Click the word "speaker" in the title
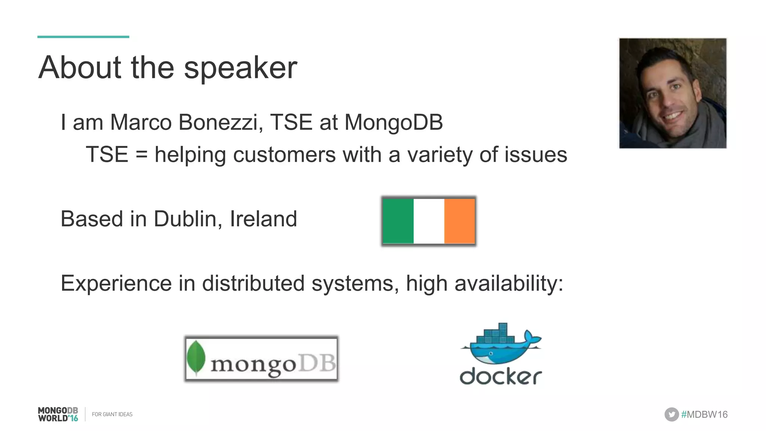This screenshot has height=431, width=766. click(x=240, y=68)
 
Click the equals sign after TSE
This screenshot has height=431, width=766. click(x=141, y=155)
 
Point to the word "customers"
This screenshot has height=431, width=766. click(x=284, y=155)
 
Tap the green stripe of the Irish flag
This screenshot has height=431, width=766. click(x=398, y=221)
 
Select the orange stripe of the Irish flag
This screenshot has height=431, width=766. click(x=459, y=221)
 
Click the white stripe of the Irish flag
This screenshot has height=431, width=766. click(x=429, y=221)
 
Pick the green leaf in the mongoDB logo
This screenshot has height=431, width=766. click(x=196, y=357)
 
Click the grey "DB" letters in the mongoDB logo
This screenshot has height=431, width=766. click(x=318, y=363)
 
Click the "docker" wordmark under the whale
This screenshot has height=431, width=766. click(x=501, y=376)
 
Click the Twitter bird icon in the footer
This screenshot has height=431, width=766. click(x=671, y=414)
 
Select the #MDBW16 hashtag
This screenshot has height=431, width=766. click(x=704, y=415)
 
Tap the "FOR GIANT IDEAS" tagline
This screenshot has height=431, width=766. click(x=112, y=414)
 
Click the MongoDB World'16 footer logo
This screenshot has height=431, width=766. click(x=58, y=414)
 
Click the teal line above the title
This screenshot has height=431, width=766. click(x=83, y=37)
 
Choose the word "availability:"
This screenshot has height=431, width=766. click(x=509, y=283)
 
